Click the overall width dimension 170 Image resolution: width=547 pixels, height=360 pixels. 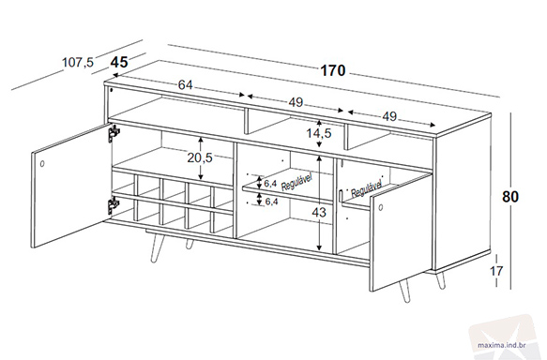[x=333, y=70]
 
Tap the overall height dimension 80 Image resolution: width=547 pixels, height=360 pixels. [x=510, y=197]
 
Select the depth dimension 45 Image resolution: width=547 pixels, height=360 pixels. [x=119, y=63]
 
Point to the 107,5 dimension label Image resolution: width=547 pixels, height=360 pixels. [x=78, y=63]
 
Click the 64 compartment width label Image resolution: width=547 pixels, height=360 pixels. [x=186, y=84]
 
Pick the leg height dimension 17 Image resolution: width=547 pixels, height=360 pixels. [x=496, y=270]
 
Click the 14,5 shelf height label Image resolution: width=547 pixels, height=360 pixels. [x=319, y=133]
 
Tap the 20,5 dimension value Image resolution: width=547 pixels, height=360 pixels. [x=200, y=157]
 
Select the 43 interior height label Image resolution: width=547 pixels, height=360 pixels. [x=318, y=212]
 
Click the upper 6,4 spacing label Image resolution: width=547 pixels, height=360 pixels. [x=271, y=184]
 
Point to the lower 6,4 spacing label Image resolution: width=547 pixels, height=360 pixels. [x=271, y=201]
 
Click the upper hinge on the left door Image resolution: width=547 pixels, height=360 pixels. [x=114, y=133]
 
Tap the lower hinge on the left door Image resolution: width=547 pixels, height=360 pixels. [x=113, y=205]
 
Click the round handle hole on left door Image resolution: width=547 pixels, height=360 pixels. [x=42, y=163]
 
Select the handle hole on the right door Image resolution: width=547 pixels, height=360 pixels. [x=380, y=208]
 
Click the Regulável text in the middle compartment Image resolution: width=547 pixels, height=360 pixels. [x=296, y=182]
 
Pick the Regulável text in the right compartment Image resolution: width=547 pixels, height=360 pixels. [x=366, y=188]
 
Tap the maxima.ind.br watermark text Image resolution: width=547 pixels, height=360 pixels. [x=502, y=346]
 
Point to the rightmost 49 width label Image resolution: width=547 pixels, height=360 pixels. [x=389, y=116]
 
